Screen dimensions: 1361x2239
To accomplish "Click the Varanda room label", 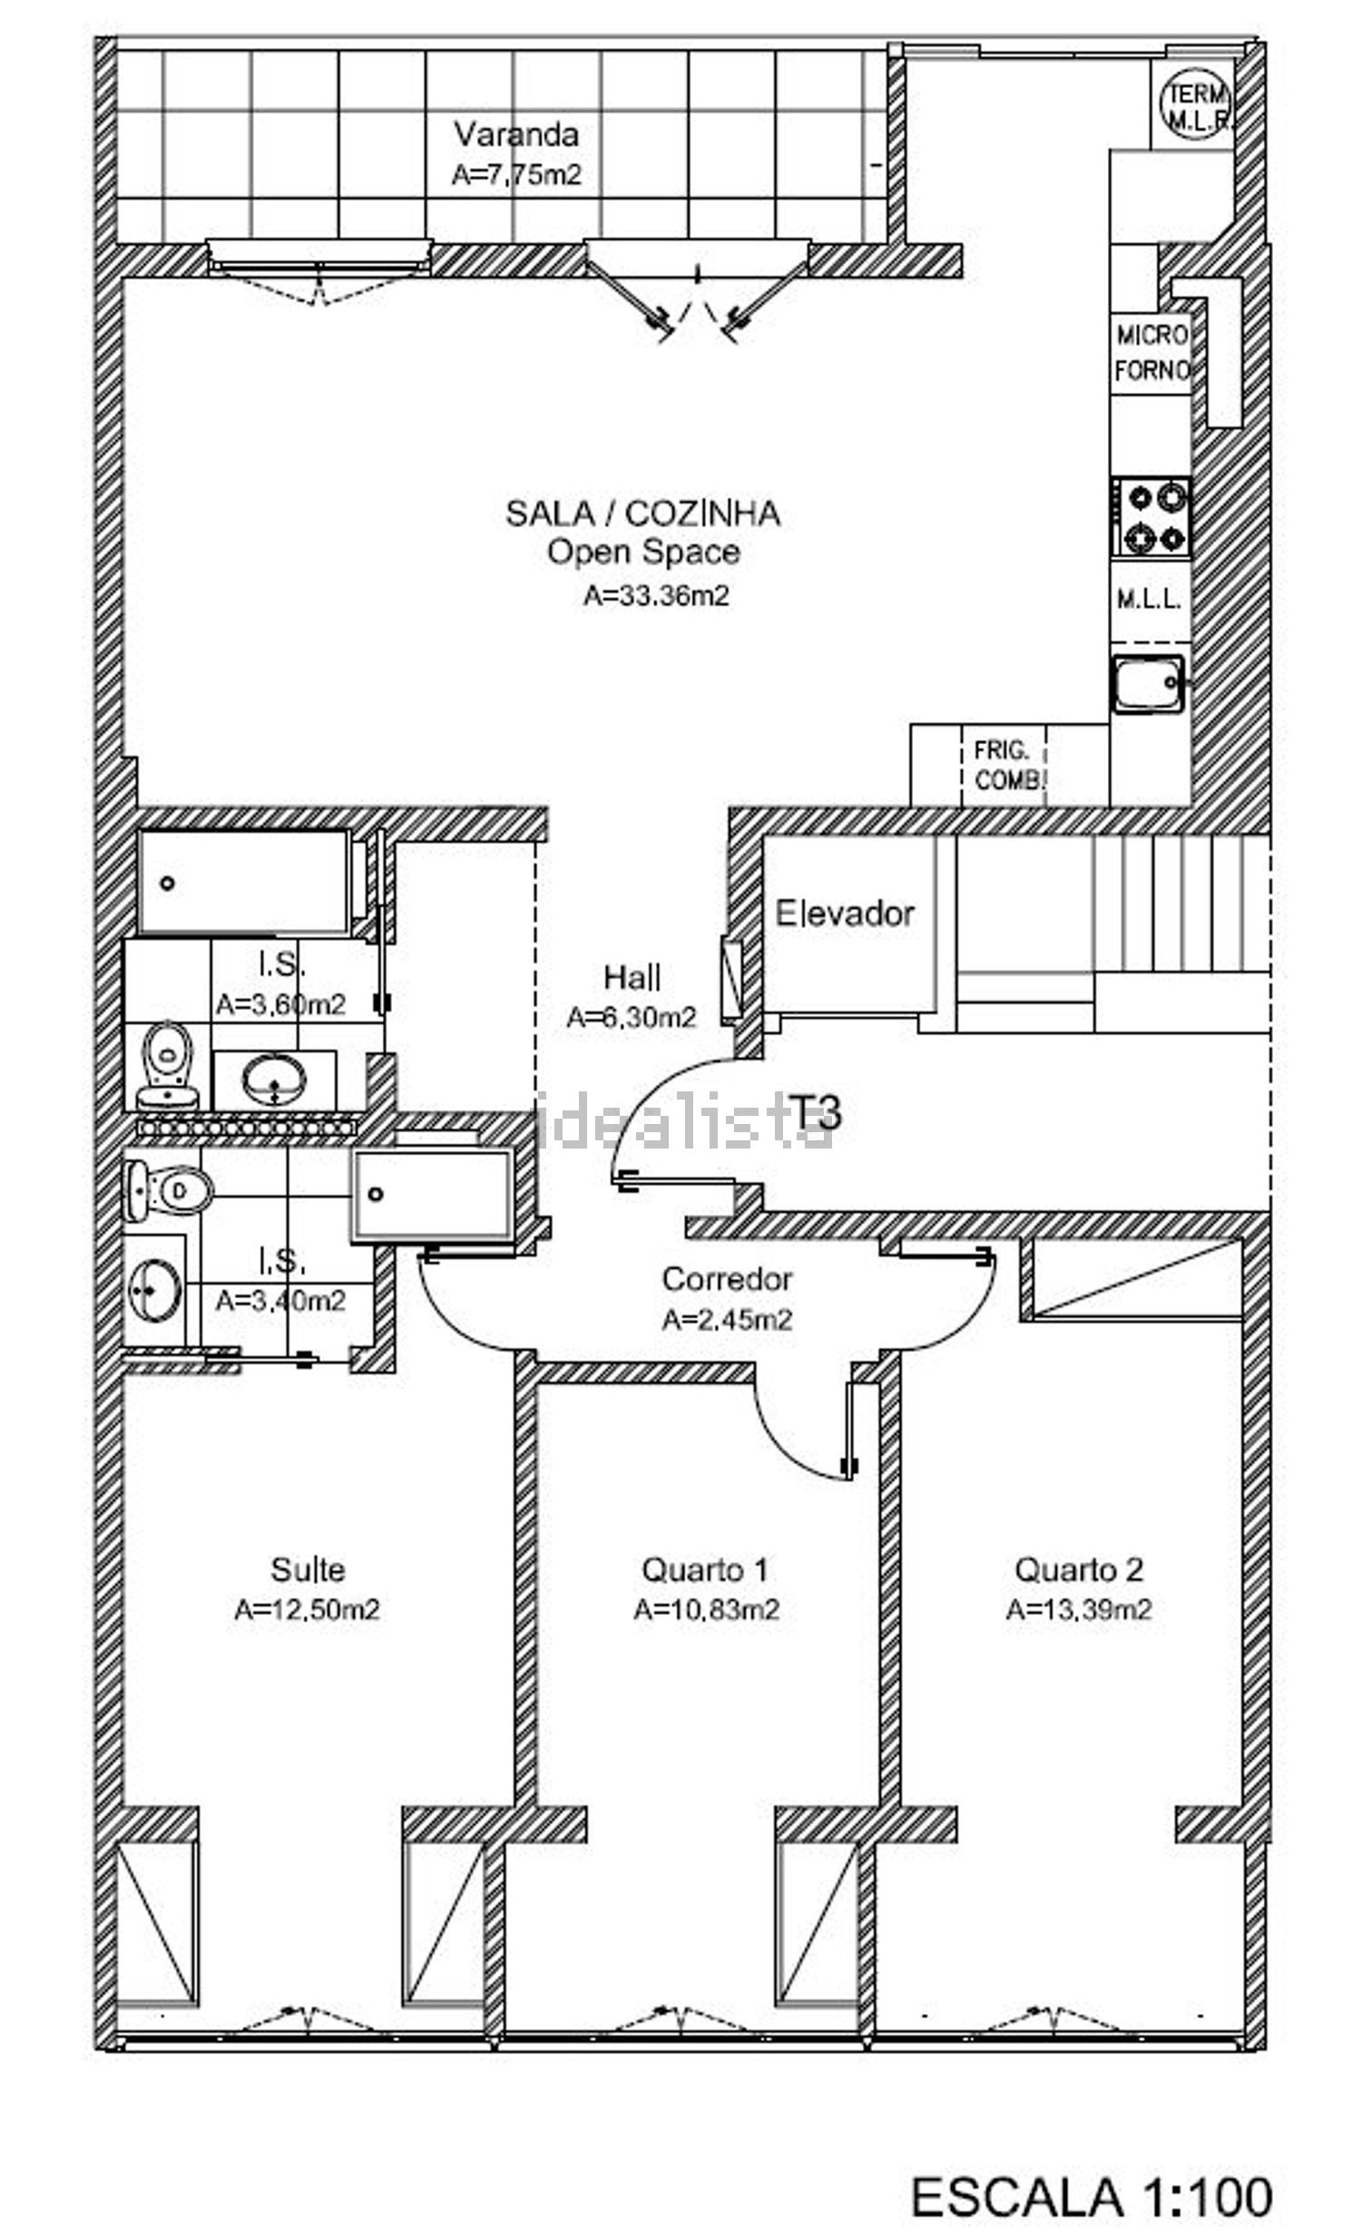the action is [x=516, y=134].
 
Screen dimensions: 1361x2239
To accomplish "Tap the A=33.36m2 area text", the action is [x=656, y=595].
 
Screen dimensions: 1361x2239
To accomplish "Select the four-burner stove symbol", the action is [x=1151, y=517].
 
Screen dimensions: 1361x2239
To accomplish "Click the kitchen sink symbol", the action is [x=1150, y=684].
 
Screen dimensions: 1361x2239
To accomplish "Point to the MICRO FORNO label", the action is [x=1152, y=353].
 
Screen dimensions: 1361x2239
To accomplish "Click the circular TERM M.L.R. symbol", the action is [x=1198, y=104].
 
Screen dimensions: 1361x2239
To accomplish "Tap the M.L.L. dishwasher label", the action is [x=1150, y=599].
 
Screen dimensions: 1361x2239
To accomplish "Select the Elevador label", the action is [x=844, y=914].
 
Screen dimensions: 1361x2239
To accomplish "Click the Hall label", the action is [x=632, y=978].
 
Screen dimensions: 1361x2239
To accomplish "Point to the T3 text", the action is [x=815, y=1111].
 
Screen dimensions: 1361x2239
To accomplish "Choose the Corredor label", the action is [x=727, y=1278].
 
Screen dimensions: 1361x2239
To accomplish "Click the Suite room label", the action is [x=307, y=1569].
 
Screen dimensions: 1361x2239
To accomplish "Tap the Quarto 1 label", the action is [x=705, y=1569].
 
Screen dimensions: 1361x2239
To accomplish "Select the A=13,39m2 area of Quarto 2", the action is [x=1079, y=1609].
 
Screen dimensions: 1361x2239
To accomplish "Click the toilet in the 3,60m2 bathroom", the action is [x=167, y=1064].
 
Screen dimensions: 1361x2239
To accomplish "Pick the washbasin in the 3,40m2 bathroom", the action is [x=154, y=1289].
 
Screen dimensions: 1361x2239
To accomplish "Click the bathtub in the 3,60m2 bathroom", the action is [x=243, y=882].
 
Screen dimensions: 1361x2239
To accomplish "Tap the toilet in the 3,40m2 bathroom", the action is [x=168, y=1189].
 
